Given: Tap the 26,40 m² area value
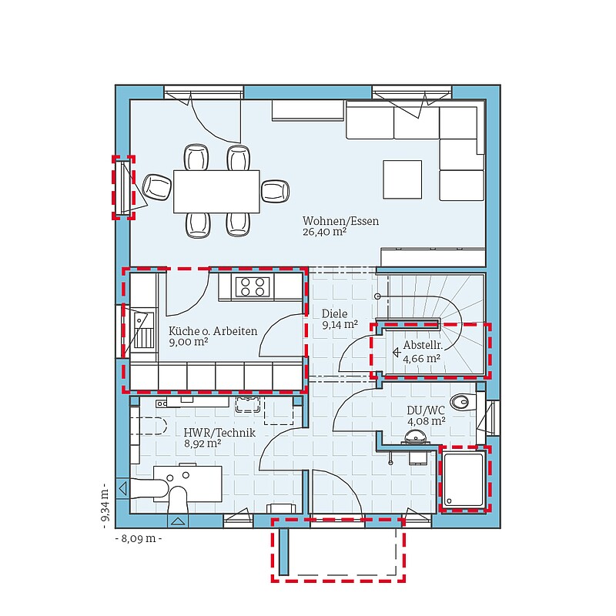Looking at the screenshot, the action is pos(324,232).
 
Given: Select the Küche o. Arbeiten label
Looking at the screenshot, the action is pos(213,331).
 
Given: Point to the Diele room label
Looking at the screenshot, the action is pos(335,313).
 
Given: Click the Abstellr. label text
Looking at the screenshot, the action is pos(423,346).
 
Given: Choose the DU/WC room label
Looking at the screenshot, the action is pos(426,410).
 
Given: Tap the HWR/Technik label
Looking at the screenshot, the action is pos(219,433).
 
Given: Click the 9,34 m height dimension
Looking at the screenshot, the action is pos(105,505).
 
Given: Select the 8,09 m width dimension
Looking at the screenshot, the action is pos(139,538).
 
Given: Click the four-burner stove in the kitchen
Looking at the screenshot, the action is pos(253,286).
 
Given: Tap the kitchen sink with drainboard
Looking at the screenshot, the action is pos(143,331).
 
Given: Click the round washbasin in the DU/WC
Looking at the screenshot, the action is pos(415,437).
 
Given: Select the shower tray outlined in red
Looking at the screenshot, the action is pos(464,480).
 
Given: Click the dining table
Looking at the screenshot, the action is pos(216,191).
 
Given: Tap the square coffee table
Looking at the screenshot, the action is pos(402,179).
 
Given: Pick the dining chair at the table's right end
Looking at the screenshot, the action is pos(275,191).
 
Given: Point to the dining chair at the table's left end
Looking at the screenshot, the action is pos(157,187).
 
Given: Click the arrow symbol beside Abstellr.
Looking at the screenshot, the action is pos(397,353).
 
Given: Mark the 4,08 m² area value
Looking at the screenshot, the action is pos(427,421).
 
